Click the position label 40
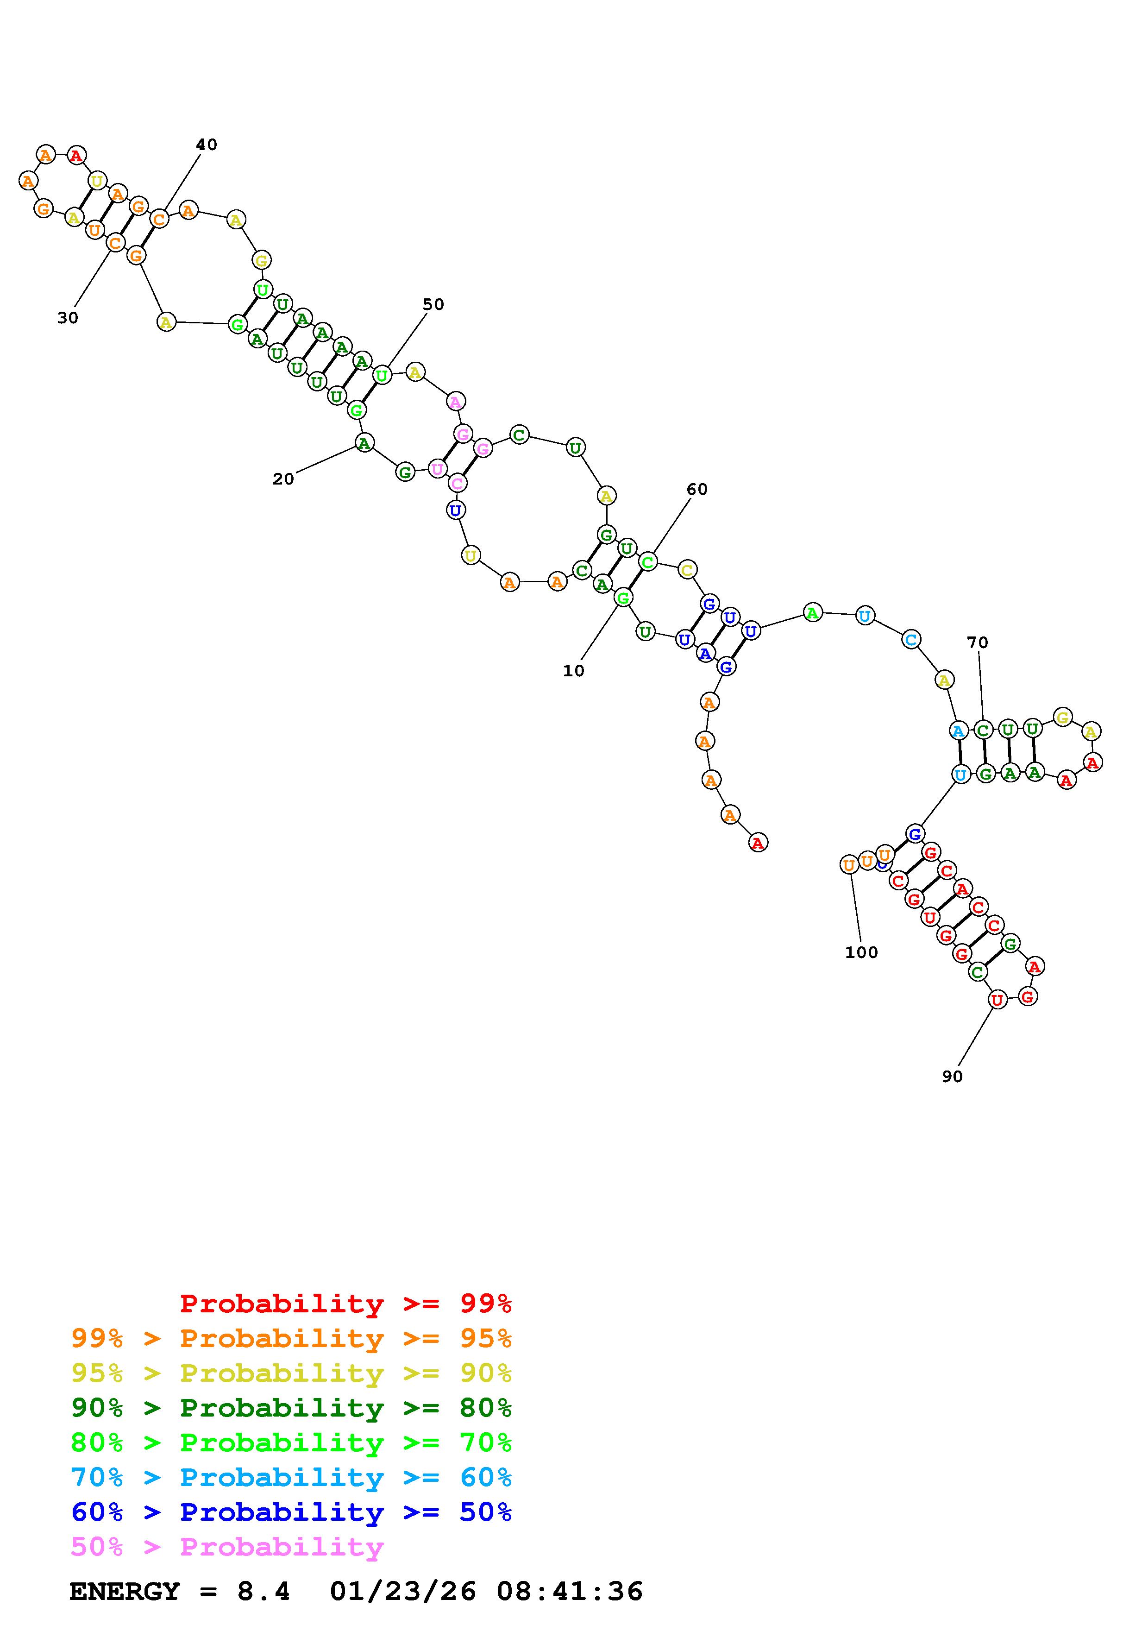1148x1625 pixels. (x=207, y=145)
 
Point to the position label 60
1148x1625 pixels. (x=697, y=490)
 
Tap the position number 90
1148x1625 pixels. (x=952, y=1077)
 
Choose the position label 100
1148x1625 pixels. (x=861, y=953)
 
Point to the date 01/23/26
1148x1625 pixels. (x=402, y=1592)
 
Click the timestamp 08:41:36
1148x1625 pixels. (x=570, y=1592)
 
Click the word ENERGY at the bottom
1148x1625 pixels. (x=125, y=1592)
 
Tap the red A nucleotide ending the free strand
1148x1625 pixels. (x=758, y=843)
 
